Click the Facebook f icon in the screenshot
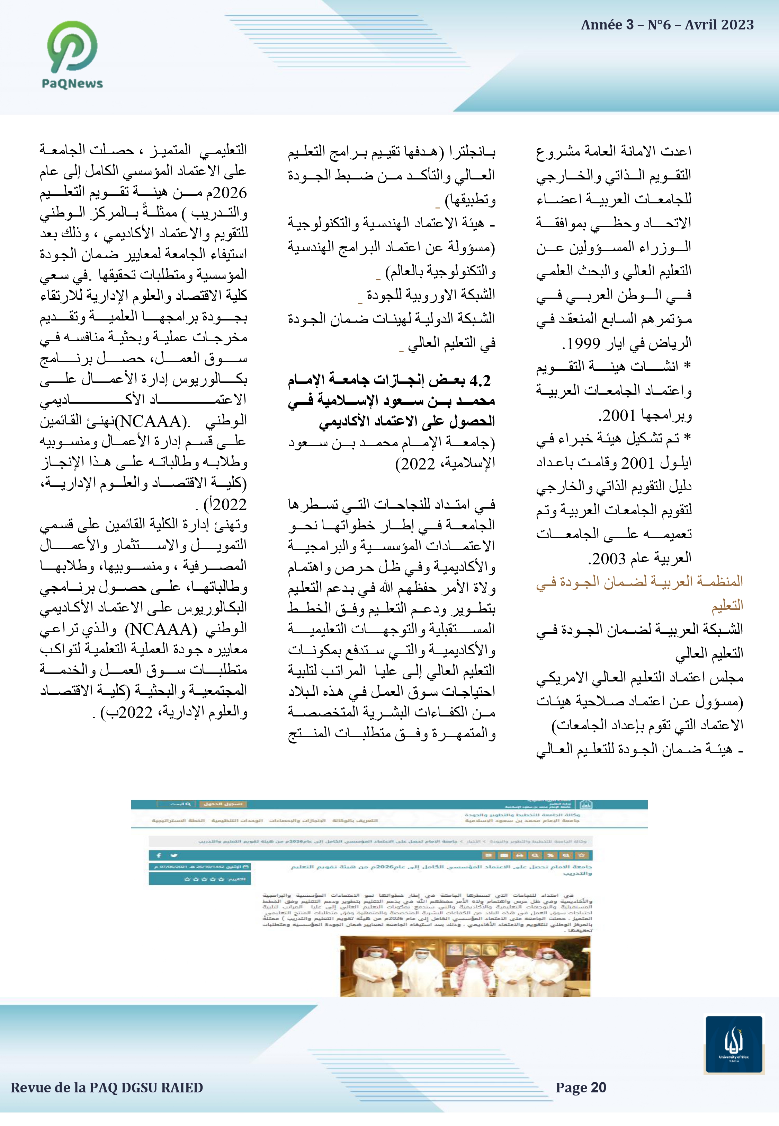coord(159,855)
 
